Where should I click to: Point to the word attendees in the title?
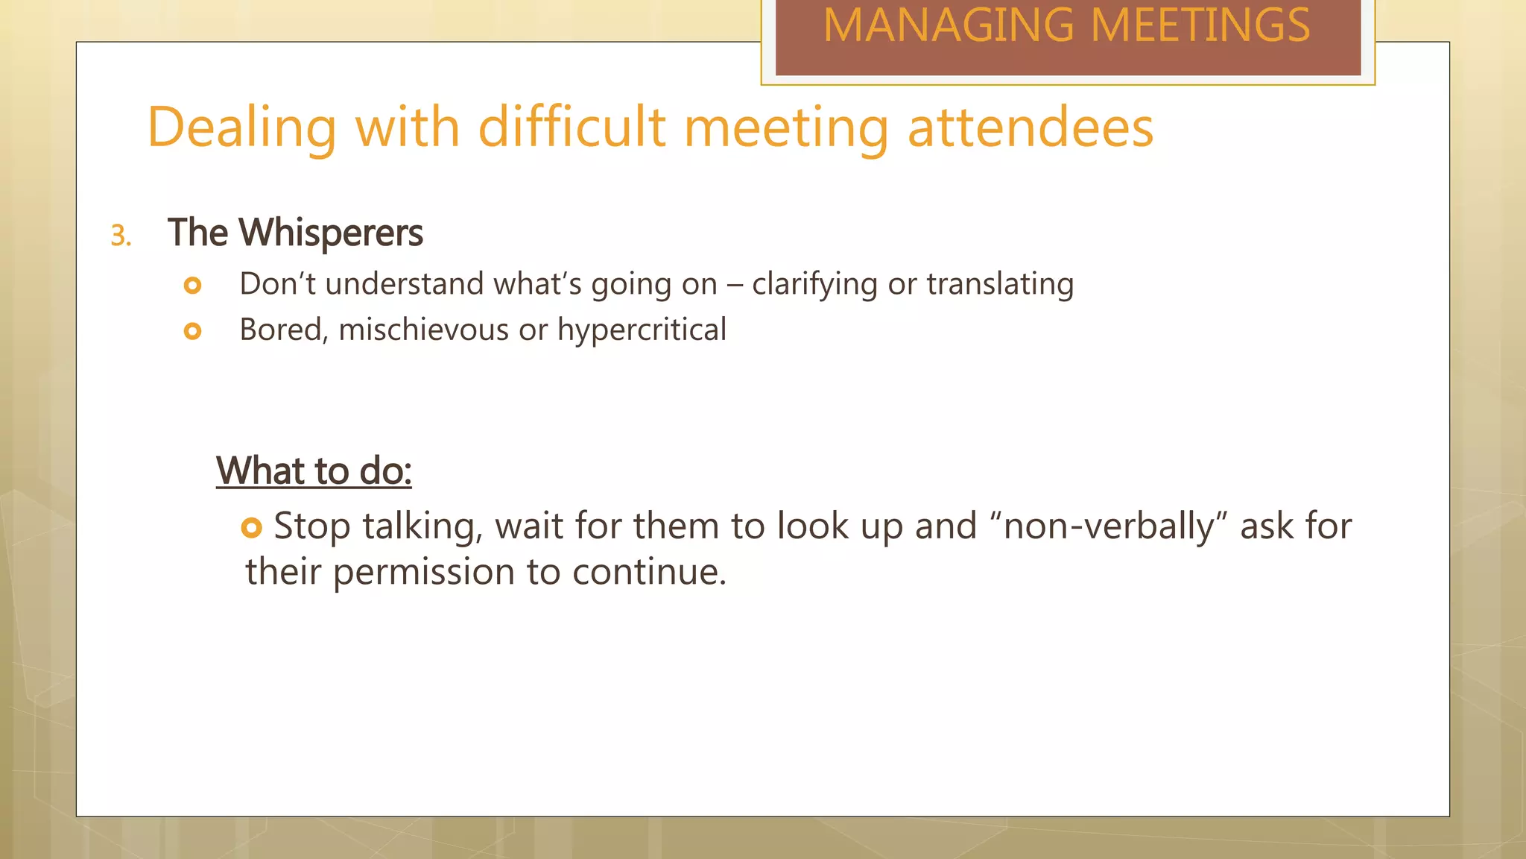(1030, 128)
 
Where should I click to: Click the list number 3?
(120, 236)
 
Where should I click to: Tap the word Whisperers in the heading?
(331, 233)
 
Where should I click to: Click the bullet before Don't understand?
(192, 285)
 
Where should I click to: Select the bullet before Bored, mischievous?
(192, 331)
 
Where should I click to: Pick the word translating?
(1000, 285)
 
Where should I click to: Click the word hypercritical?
(642, 330)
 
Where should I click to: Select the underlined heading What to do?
(314, 471)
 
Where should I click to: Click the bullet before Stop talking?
(252, 528)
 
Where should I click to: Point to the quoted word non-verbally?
(1109, 526)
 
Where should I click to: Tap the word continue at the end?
(648, 572)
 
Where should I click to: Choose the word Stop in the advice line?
(311, 527)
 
